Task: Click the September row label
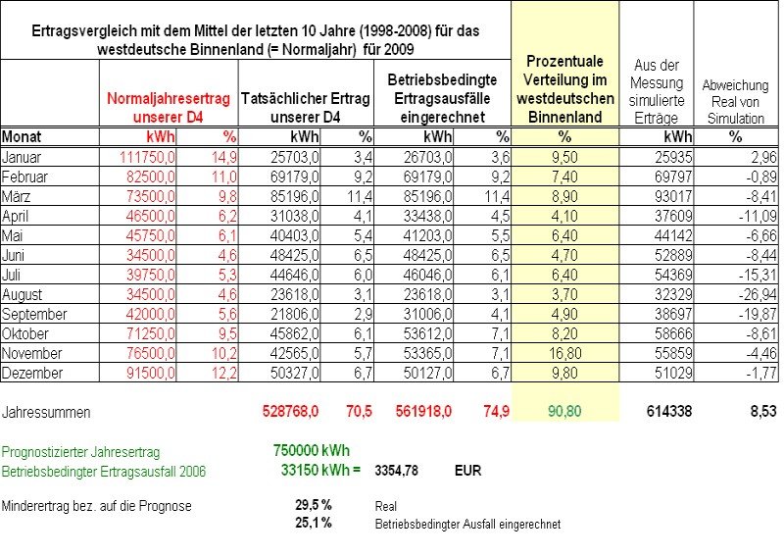[34, 315]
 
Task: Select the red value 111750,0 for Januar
[147, 157]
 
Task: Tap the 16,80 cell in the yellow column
[565, 353]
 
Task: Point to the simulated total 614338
[669, 412]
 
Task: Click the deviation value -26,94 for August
[758, 295]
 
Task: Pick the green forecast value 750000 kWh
[311, 450]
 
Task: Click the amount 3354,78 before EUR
[397, 471]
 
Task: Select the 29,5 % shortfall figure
[314, 504]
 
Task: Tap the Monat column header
[22, 136]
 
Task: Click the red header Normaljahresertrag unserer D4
[169, 108]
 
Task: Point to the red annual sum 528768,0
[290, 412]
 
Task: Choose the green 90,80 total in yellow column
[564, 412]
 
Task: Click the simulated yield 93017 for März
[673, 196]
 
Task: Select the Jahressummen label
[46, 413]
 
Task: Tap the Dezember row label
[32, 373]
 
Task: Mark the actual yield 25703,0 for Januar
[295, 157]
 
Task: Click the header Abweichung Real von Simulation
[735, 102]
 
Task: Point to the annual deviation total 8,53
[763, 412]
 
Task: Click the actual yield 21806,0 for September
[295, 315]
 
